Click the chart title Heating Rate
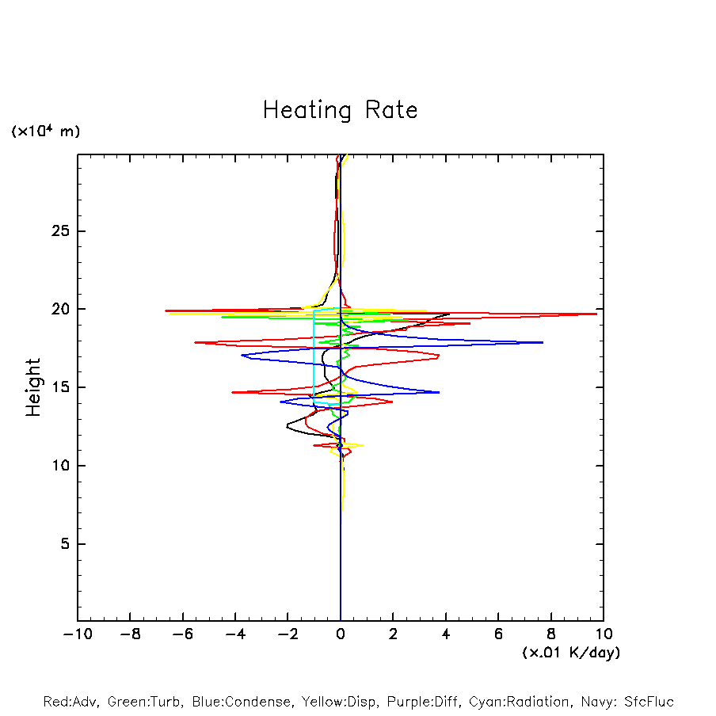coord(341,110)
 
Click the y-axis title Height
coord(33,387)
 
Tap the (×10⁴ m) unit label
coord(45,131)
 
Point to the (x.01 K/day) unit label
coord(570,653)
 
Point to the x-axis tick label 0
coord(341,634)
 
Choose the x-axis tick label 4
coord(446,634)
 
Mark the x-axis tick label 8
coord(551,634)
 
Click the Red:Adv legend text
coord(70,702)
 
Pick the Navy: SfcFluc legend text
coord(630,702)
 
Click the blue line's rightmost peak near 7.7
coord(543,342)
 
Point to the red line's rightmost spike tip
coord(596,314)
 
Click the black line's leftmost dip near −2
coord(287,428)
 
